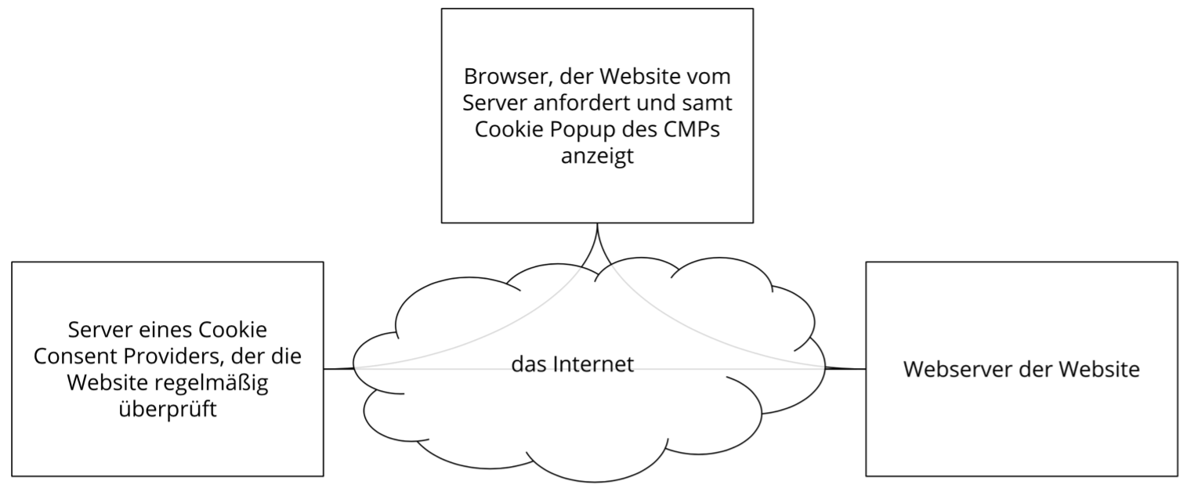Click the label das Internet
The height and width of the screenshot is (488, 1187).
[572, 364]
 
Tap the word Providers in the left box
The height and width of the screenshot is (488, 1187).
[179, 356]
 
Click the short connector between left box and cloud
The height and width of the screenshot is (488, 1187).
[338, 368]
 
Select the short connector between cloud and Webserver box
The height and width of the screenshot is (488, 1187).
[846, 368]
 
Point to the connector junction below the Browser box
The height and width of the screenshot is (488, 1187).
[598, 239]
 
